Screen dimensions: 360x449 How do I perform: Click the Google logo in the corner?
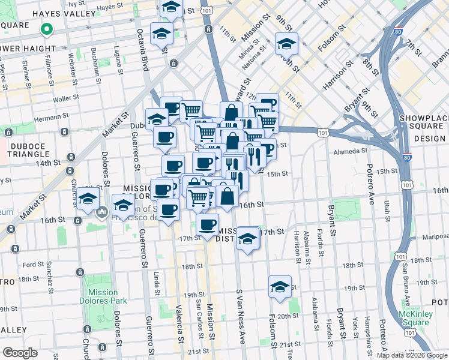(x=20, y=353)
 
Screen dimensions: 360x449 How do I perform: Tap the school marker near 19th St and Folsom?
(x=280, y=287)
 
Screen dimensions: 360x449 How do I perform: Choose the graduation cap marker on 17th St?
(x=247, y=238)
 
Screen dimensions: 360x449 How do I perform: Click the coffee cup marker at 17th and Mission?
(x=208, y=225)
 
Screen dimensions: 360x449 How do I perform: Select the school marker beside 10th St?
(x=286, y=43)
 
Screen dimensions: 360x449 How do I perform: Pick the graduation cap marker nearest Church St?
(x=88, y=199)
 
